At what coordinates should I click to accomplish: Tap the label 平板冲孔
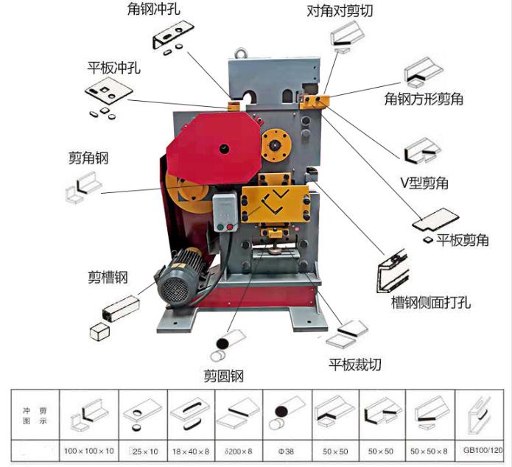(x=113, y=69)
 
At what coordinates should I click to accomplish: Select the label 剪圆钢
(x=223, y=376)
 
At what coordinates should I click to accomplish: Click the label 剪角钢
(x=88, y=158)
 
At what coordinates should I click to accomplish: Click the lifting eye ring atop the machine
(x=239, y=53)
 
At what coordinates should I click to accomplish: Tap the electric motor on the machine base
(x=180, y=278)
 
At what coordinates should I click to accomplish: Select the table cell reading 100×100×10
(x=88, y=449)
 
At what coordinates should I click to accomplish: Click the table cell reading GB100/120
(x=483, y=449)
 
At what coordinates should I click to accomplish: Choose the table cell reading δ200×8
(x=238, y=449)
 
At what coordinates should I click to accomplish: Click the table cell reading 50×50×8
(x=431, y=449)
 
